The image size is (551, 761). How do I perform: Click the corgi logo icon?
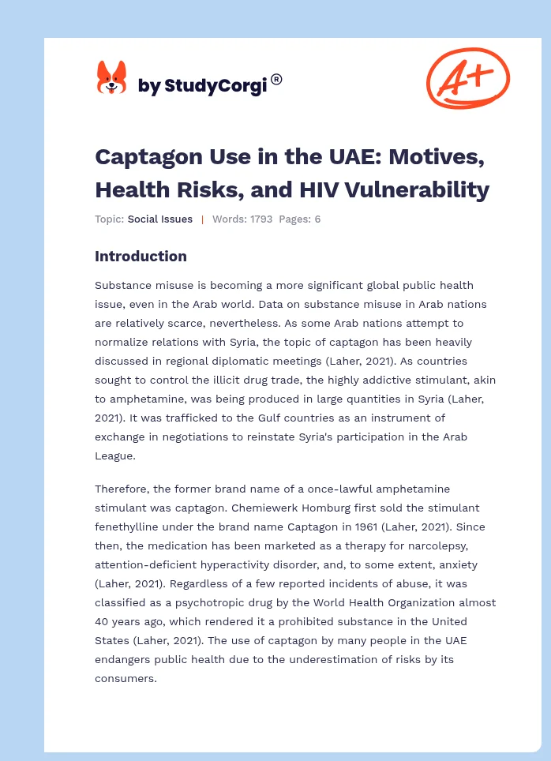[111, 79]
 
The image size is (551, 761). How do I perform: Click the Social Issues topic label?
[159, 219]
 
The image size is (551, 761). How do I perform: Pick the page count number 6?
[317, 219]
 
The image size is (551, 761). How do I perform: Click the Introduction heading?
[141, 256]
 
